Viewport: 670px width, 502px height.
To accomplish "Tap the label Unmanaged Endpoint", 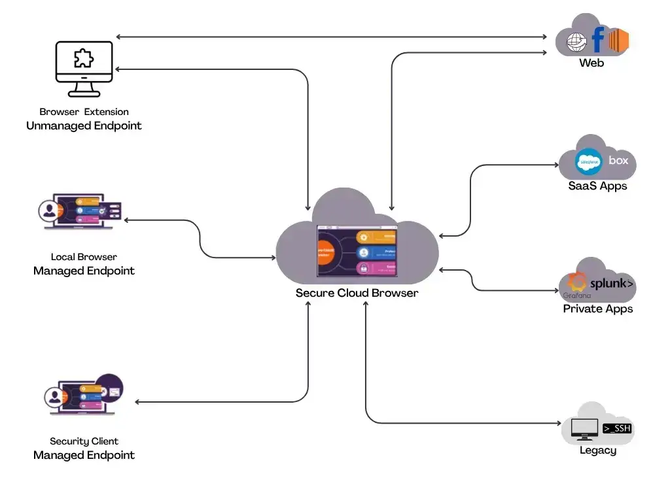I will point(84,125).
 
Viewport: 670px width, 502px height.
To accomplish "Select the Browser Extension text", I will point(84,112).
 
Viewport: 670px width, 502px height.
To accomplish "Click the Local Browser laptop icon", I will point(79,210).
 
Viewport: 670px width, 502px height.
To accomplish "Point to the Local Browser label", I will point(84,257).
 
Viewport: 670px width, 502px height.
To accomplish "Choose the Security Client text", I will point(84,441).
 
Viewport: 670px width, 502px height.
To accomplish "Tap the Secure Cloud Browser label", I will point(357,293).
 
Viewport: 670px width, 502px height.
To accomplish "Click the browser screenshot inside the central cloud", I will point(357,252).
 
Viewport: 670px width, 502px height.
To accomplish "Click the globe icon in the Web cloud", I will point(576,42).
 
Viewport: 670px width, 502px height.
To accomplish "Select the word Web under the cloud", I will point(591,63).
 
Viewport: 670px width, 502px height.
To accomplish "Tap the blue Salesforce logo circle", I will point(588,161).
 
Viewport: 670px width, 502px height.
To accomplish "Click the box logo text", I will point(618,160).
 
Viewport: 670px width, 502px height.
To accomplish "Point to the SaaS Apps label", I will point(597,186).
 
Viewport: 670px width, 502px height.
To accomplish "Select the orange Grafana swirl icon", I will point(576,282).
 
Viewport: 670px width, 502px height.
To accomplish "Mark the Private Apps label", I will point(597,309).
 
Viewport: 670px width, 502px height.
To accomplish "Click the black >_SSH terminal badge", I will point(616,428).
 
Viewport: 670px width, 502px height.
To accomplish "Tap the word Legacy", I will point(597,450).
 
